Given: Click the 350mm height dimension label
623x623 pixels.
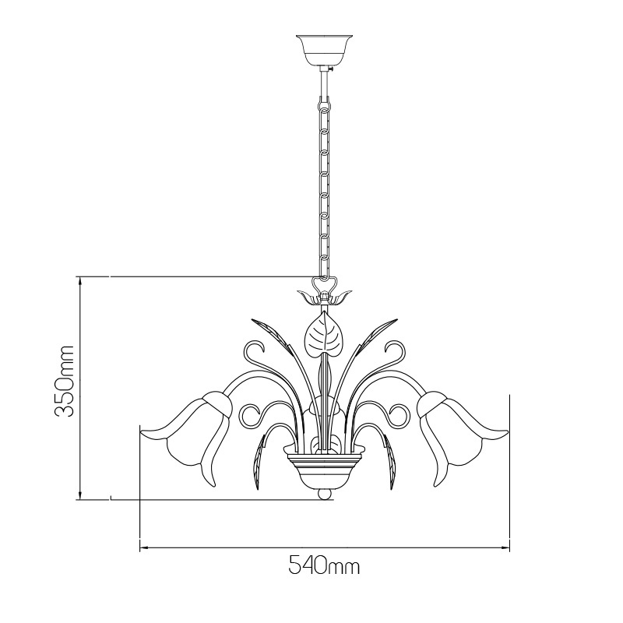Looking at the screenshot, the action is (x=64, y=381).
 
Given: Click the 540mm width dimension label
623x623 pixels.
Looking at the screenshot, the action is (x=324, y=565).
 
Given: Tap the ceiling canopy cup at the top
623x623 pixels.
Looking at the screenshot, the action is (x=325, y=51).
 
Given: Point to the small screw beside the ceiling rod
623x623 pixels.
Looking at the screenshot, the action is (x=330, y=69).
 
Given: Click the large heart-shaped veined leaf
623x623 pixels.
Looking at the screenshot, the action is (x=325, y=335).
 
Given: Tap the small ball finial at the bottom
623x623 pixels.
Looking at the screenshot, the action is (x=325, y=495).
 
